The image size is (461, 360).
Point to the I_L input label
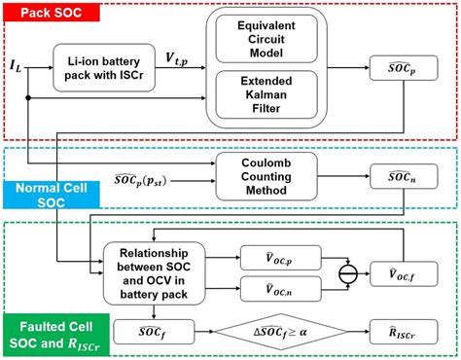pos(17,67)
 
